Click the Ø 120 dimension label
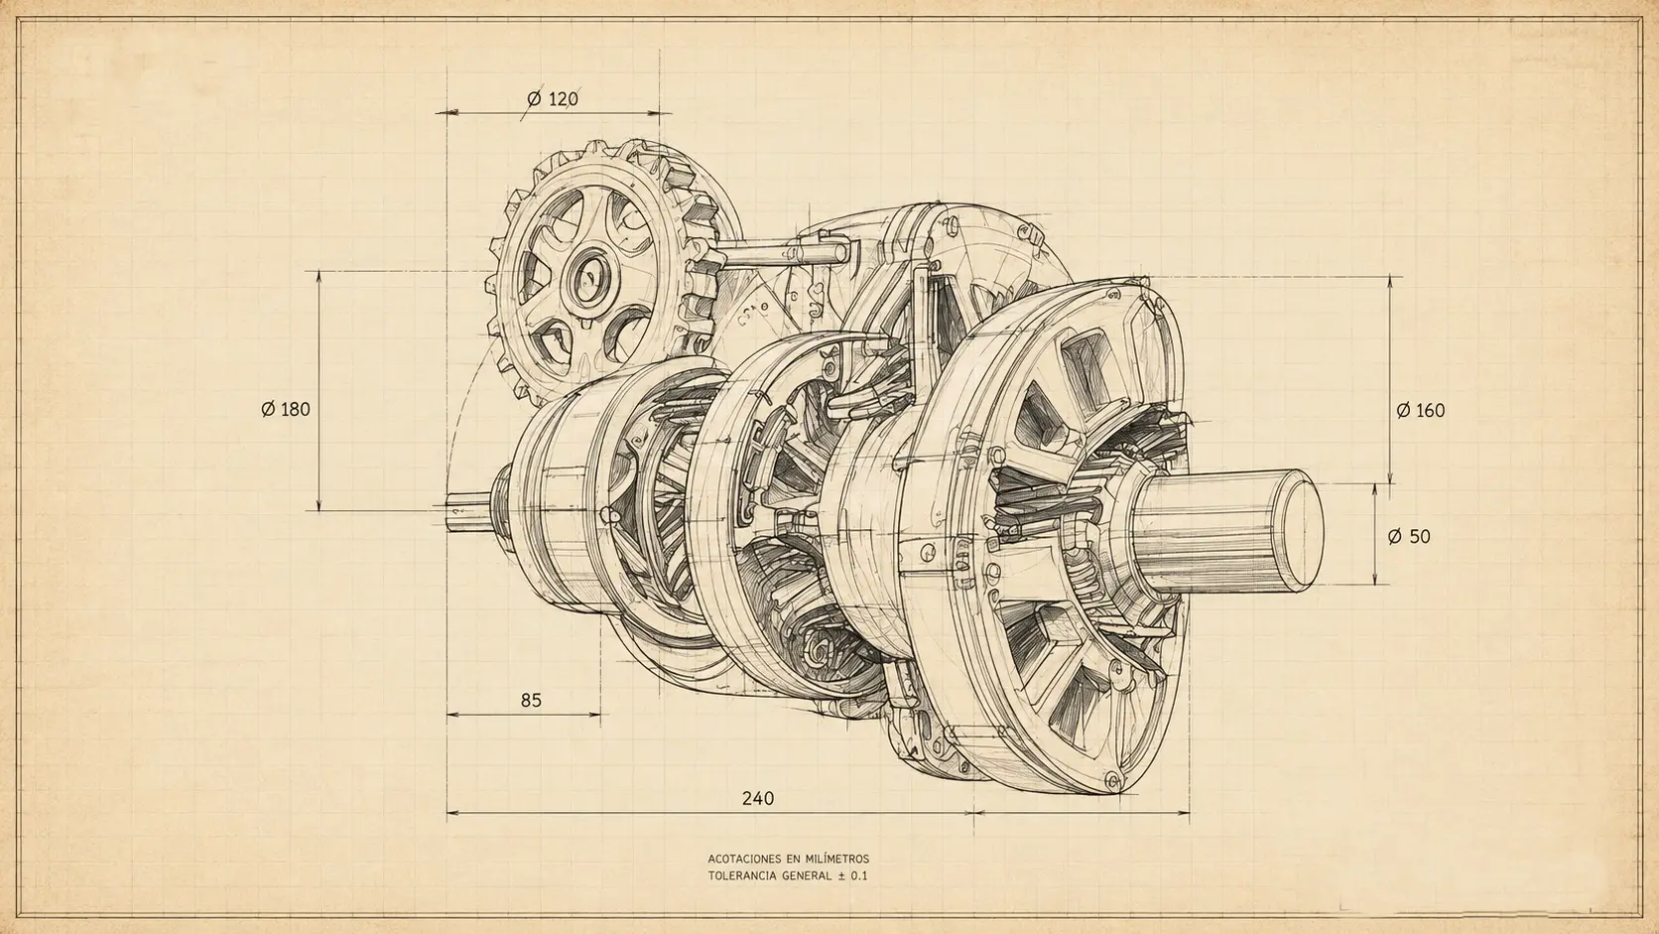tap(553, 98)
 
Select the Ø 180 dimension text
tap(286, 409)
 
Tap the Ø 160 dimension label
tap(1421, 410)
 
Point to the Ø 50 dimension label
tap(1409, 536)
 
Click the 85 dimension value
tap(531, 700)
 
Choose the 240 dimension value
tap(758, 798)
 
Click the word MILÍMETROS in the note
tap(836, 860)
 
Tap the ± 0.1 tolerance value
tap(852, 876)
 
